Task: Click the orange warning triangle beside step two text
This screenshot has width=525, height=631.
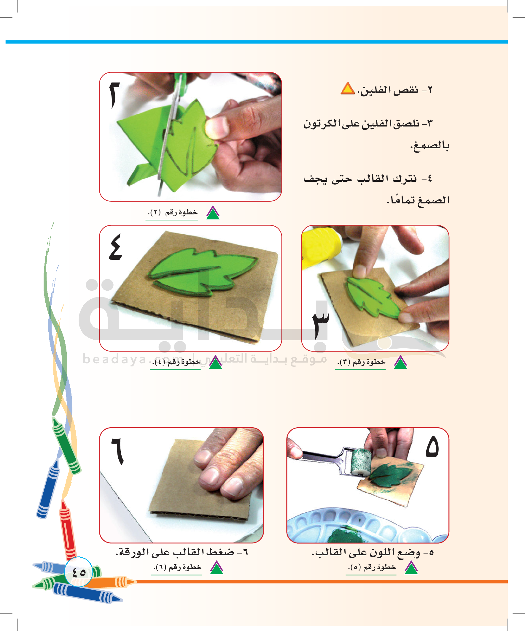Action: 348,88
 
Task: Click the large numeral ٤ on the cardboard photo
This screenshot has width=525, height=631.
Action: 116,247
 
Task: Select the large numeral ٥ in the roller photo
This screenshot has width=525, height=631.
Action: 432,447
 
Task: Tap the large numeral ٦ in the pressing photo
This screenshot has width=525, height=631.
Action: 117,451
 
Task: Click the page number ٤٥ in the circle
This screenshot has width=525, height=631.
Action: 79,573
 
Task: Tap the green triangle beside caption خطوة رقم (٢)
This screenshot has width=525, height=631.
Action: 213,213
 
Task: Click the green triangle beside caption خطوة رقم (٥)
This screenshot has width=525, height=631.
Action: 411,567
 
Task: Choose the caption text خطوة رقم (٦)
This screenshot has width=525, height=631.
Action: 177,567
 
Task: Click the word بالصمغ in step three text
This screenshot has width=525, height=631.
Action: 430,146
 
